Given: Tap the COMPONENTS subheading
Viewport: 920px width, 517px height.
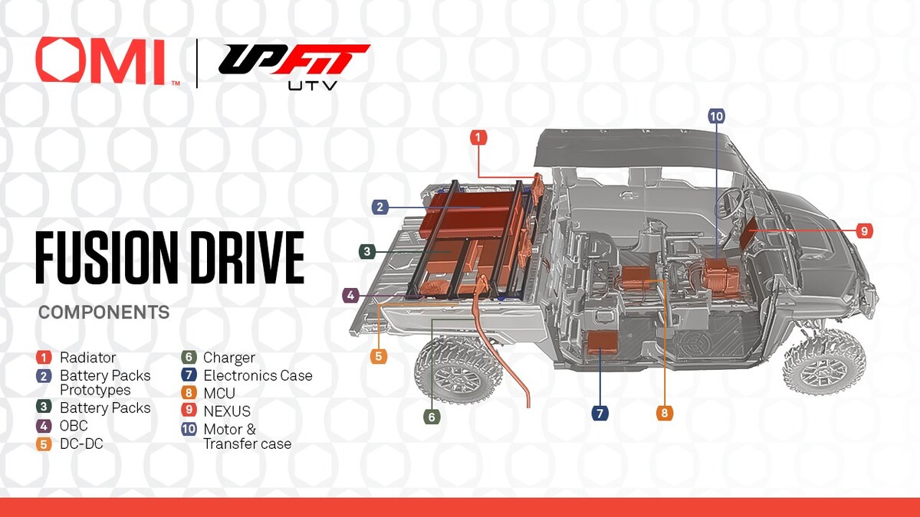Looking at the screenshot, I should [x=103, y=312].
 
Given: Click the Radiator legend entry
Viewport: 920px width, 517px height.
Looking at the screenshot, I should [x=87, y=357].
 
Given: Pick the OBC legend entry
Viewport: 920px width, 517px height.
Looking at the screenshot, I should [x=73, y=425].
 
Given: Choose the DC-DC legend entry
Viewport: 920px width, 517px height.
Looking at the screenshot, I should [x=80, y=443].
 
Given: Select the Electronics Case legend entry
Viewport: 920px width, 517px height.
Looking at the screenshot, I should [x=257, y=375].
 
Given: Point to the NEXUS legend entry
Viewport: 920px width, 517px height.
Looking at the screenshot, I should [x=226, y=411].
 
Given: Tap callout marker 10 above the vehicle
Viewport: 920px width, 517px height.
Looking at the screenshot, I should [x=716, y=116].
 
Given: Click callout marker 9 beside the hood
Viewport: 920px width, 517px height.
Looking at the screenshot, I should [x=865, y=231].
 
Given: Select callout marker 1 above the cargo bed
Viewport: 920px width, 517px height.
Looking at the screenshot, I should [x=478, y=138].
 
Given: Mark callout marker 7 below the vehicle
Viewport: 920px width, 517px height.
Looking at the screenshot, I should [x=600, y=414].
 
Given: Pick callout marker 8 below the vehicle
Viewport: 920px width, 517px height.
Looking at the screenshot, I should [x=664, y=414].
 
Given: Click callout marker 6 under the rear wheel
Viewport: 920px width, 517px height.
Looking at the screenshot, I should [x=432, y=417].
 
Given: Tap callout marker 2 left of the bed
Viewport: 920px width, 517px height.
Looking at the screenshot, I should [x=379, y=207].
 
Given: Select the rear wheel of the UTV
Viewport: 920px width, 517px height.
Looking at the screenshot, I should [x=458, y=370].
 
